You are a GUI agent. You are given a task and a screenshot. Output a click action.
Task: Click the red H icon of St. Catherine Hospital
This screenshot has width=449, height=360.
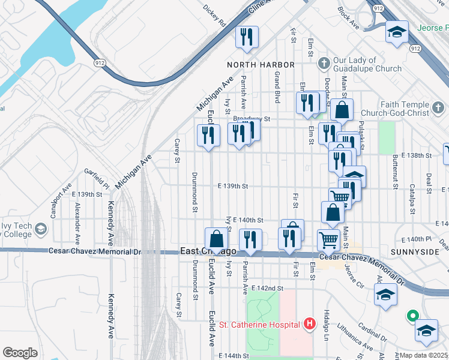pos(310,325)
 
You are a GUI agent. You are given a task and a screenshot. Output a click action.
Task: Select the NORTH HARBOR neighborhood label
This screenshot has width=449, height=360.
pos(261,64)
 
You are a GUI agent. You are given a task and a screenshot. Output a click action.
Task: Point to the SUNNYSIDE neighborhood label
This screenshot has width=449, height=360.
pos(414,252)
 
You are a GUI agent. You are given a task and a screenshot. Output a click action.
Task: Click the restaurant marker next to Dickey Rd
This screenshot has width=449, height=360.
pos(247,37)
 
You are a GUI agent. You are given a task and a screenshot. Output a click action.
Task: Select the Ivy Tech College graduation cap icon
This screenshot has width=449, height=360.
pos(41,229)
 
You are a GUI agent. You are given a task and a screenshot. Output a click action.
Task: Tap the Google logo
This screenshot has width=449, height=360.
pos(20,352)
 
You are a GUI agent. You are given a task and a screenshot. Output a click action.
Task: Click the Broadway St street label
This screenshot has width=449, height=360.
pos(253,119)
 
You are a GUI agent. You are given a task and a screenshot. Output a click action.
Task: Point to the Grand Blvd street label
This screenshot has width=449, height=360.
pos(277,86)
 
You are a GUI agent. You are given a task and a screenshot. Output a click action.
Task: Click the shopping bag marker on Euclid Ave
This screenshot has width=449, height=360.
pos(215,239)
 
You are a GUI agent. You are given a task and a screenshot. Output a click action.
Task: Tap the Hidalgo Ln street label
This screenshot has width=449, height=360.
pos(328,324)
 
